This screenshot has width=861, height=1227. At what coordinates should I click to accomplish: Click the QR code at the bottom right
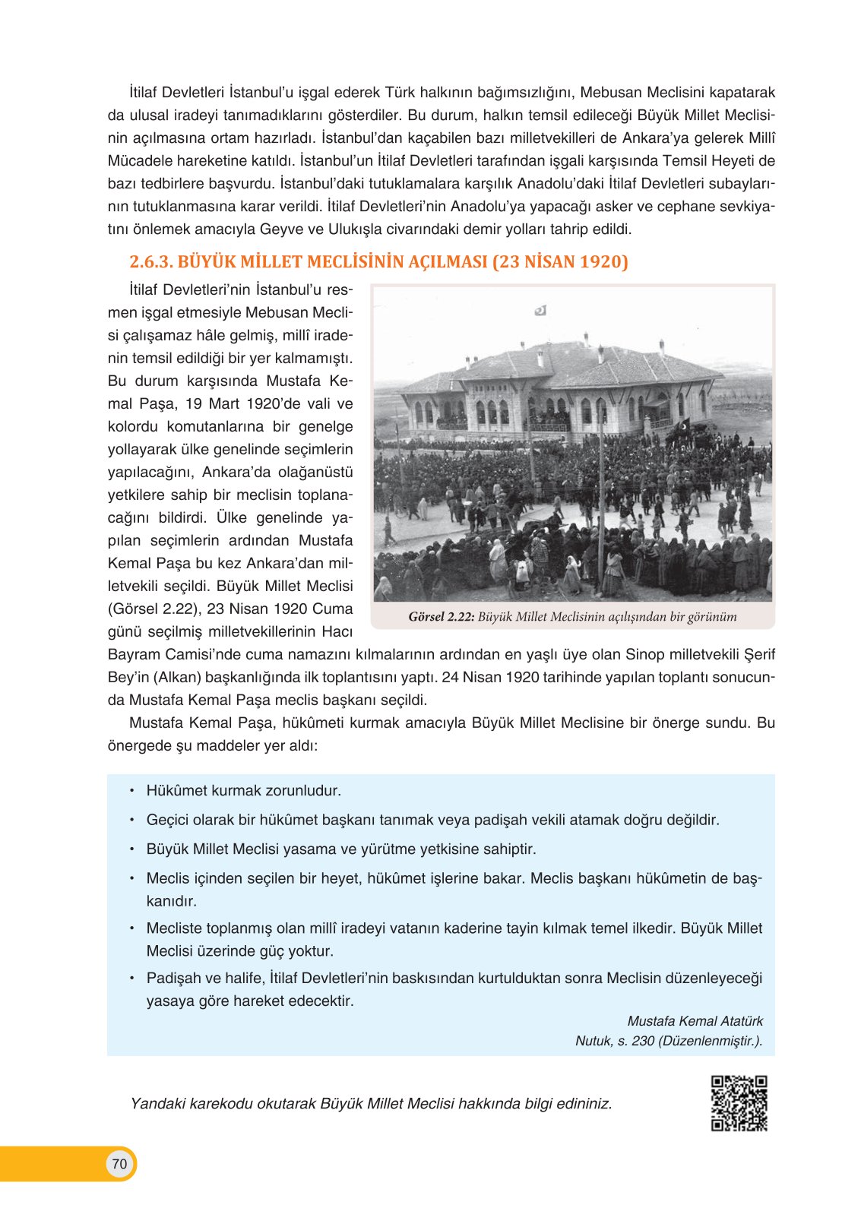click(739, 1103)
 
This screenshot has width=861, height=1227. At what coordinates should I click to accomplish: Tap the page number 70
click(119, 1164)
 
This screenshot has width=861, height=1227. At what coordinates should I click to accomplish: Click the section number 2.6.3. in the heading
click(151, 262)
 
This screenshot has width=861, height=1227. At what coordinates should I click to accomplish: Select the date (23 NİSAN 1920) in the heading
click(560, 262)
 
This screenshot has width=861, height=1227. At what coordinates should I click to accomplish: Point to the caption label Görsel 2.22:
click(442, 617)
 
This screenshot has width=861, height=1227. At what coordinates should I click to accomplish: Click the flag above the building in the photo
click(541, 310)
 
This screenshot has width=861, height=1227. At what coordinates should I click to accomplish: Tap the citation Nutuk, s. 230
click(615, 1041)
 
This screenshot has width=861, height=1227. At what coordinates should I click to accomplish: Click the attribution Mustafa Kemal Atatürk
click(695, 1021)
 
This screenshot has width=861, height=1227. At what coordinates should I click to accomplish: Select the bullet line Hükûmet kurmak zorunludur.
click(243, 791)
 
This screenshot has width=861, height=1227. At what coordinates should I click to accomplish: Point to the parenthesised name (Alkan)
click(177, 677)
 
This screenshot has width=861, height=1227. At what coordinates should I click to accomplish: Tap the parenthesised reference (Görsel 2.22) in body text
click(157, 609)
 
